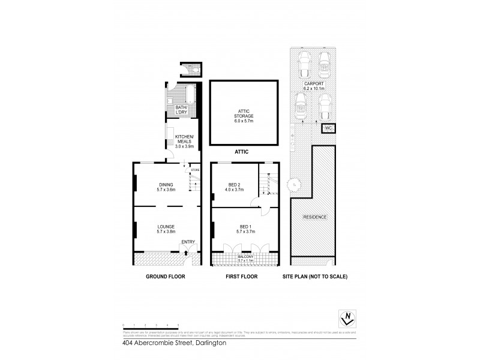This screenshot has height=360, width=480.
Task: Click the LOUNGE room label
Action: click(165, 229)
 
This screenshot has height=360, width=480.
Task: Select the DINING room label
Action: click(166, 187)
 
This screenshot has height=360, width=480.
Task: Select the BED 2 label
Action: click(235, 187)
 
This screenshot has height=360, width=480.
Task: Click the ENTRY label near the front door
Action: click(188, 242)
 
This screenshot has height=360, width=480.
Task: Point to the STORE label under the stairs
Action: click(194, 170)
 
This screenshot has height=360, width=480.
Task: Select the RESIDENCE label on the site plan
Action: click(314, 217)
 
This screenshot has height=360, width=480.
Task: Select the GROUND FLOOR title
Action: click(165, 277)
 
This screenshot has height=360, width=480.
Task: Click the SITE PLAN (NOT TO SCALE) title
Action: click(314, 277)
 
